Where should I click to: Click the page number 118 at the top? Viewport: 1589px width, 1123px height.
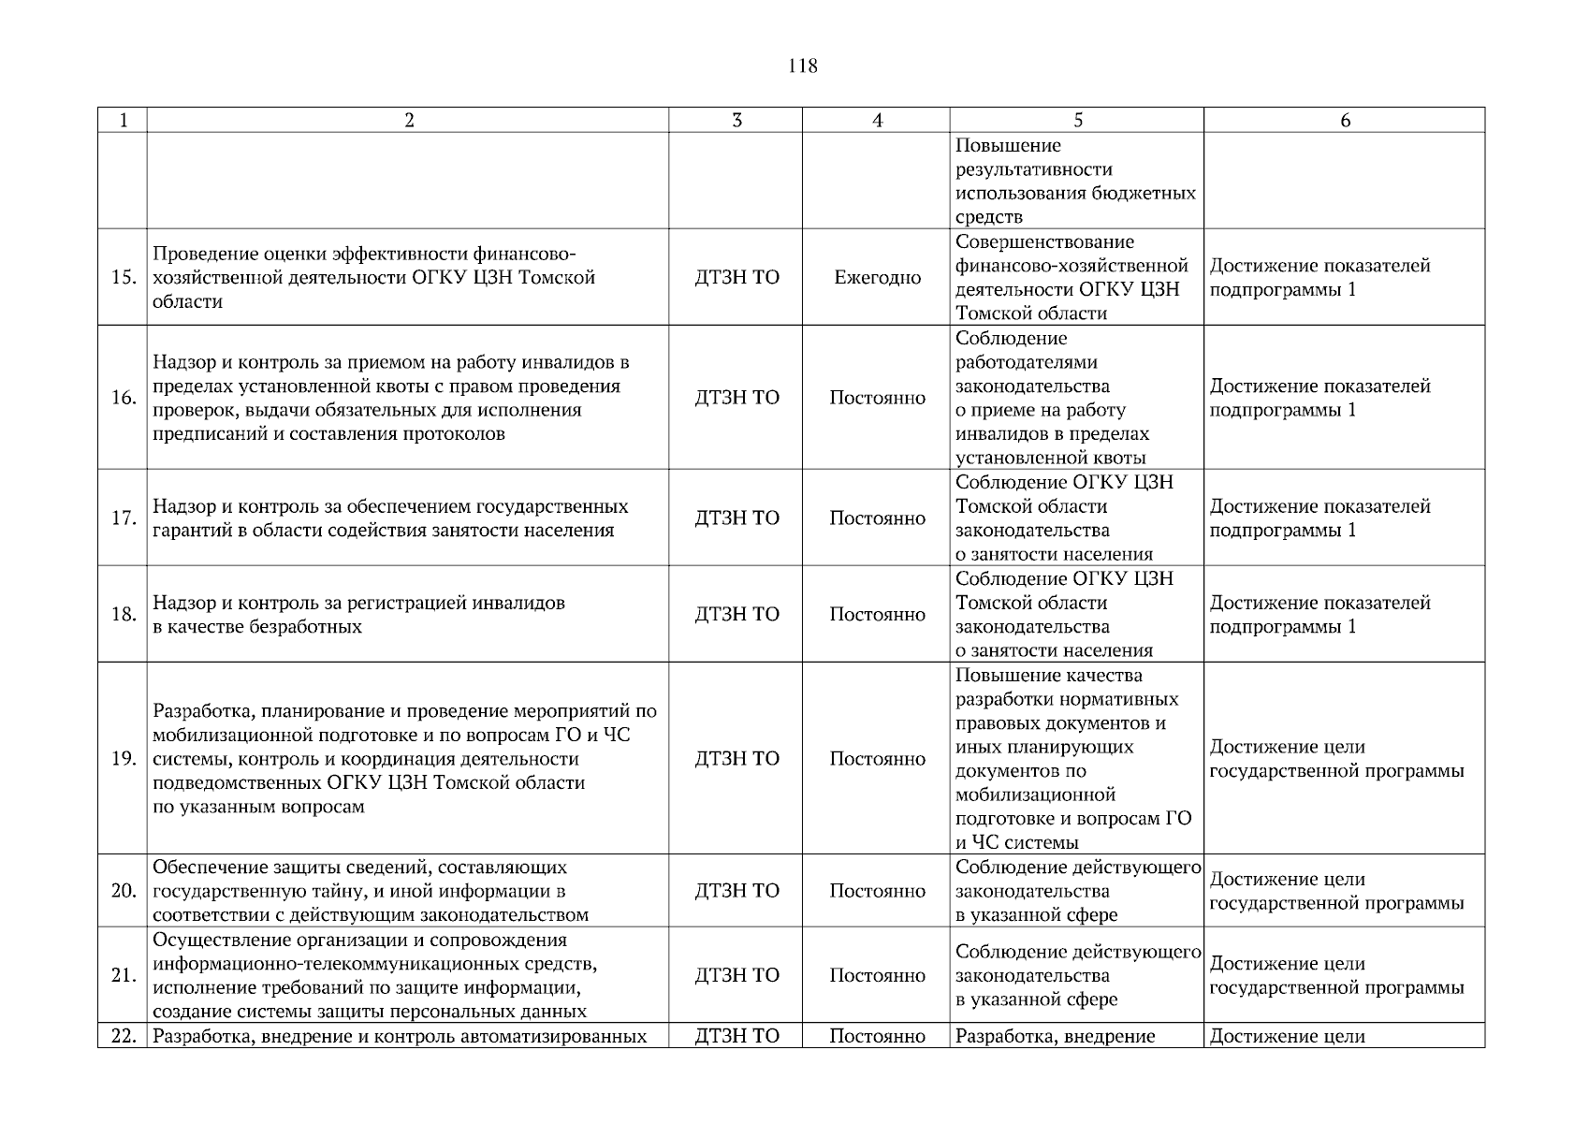point(803,66)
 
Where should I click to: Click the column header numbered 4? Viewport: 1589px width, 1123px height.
point(877,120)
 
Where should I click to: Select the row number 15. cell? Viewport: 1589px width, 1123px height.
point(123,278)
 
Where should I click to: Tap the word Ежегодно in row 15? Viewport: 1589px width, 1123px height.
point(877,278)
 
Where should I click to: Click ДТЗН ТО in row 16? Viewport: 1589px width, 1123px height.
point(736,398)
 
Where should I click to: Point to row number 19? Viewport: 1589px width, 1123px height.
point(123,759)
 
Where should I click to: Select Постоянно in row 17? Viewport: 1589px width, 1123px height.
point(877,518)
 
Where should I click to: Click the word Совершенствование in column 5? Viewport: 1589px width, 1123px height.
point(1044,242)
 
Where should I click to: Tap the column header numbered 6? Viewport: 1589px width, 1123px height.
point(1345,120)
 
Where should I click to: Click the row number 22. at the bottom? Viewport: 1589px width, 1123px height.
point(123,1036)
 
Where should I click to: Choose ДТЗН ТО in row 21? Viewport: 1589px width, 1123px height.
point(736,975)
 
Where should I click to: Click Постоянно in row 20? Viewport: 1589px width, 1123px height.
point(877,891)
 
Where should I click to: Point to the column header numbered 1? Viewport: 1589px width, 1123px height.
point(123,120)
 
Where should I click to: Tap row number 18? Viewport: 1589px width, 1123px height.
point(123,615)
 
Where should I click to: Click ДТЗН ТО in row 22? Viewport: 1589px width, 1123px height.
point(736,1036)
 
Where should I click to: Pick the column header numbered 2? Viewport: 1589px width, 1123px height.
point(408,120)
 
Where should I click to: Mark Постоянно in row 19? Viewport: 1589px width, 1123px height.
point(877,759)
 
